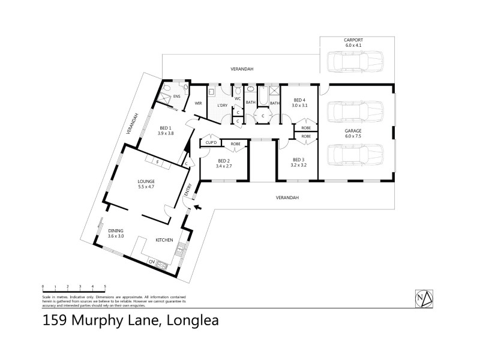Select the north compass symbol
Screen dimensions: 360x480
click(424, 297)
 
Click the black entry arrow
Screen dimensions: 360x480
click(197, 208)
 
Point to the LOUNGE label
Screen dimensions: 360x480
click(146, 181)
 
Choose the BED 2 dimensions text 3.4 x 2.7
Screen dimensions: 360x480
click(224, 166)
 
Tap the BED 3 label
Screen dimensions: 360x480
click(298, 159)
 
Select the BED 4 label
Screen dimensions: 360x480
click(299, 100)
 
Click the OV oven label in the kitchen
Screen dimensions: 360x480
click(152, 261)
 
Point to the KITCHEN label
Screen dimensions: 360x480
click(164, 240)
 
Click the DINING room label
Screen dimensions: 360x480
click(116, 231)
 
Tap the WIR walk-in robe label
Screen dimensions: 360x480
click(198, 103)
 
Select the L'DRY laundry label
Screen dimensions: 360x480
click(222, 106)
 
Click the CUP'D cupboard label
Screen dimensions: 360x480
click(211, 143)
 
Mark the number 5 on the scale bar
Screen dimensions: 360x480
click(106, 286)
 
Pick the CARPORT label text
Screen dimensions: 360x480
click(354, 40)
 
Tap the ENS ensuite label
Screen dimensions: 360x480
click(176, 96)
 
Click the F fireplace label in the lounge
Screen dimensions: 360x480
click(157, 161)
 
